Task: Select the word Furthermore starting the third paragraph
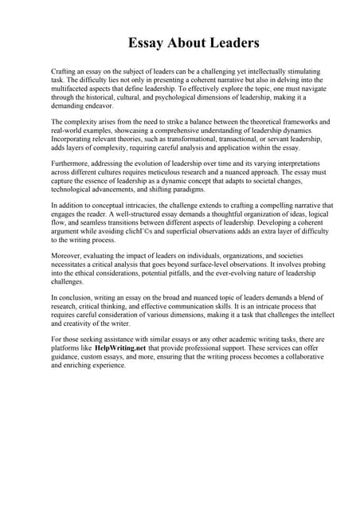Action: coord(72,162)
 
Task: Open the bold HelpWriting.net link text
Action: coord(119,348)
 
